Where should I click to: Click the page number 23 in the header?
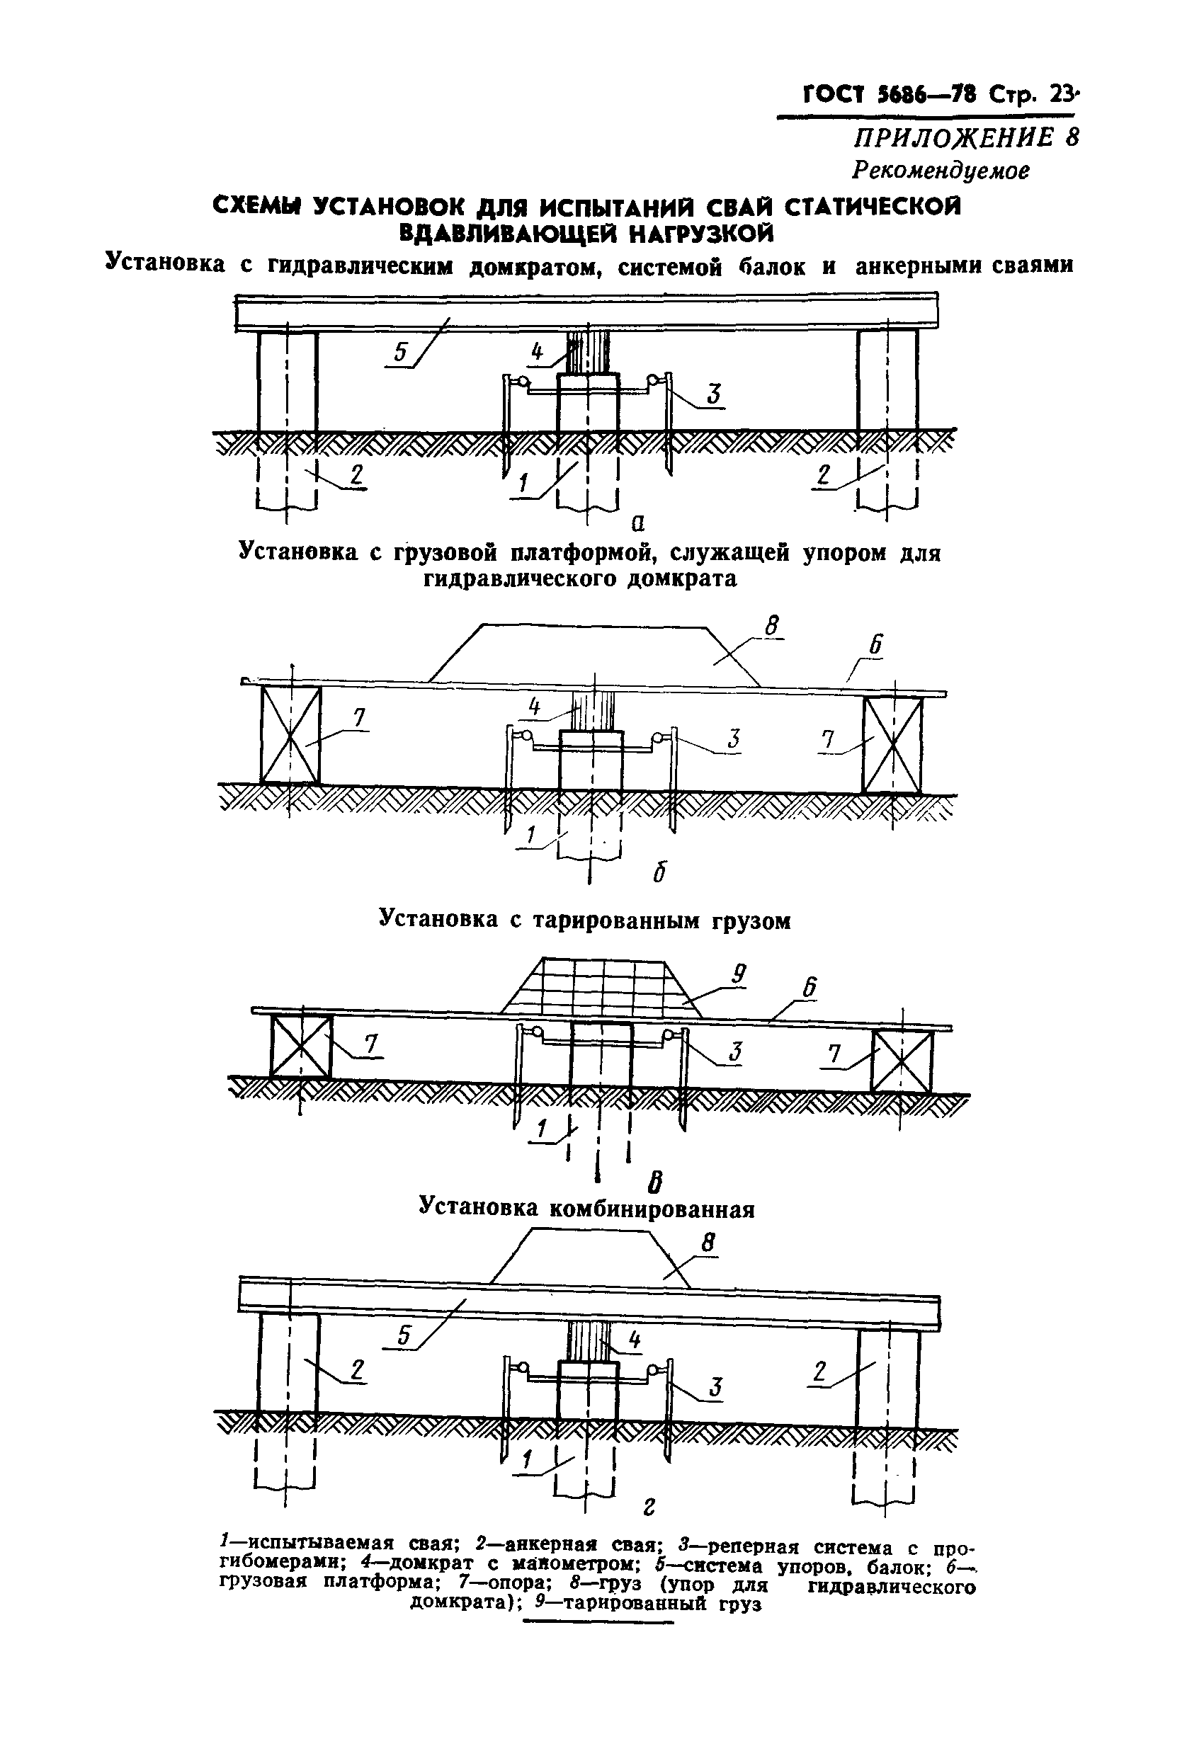click(1061, 94)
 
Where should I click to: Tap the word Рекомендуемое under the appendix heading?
click(941, 171)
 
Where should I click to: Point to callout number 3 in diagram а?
click(712, 394)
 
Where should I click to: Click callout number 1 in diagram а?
click(522, 484)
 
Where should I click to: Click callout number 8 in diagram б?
click(771, 627)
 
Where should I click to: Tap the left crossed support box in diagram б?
click(290, 734)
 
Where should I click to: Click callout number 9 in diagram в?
click(739, 974)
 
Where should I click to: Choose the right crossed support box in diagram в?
click(902, 1061)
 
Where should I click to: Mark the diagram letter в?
click(656, 1180)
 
